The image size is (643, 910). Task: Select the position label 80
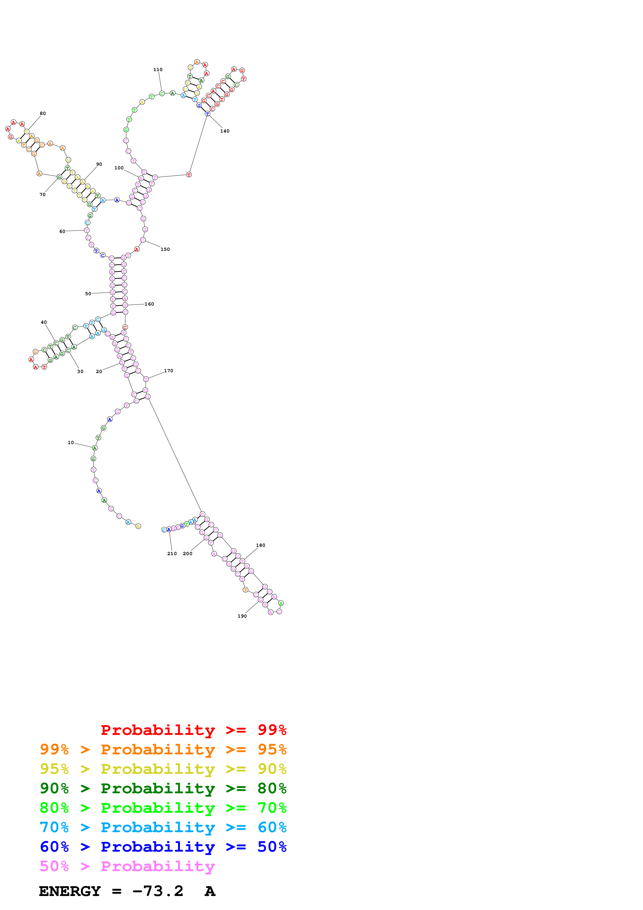pyautogui.click(x=43, y=113)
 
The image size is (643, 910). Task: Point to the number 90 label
pyautogui.click(x=99, y=164)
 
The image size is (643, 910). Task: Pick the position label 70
pyautogui.click(x=42, y=195)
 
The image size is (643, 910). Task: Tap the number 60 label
pyautogui.click(x=62, y=231)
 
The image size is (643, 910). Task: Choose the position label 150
pyautogui.click(x=165, y=249)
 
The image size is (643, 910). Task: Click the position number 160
pyautogui.click(x=149, y=304)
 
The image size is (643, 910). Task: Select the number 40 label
pyautogui.click(x=44, y=322)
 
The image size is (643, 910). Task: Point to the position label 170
pyautogui.click(x=168, y=371)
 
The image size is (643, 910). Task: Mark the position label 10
pyautogui.click(x=71, y=443)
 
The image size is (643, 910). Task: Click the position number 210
pyautogui.click(x=172, y=554)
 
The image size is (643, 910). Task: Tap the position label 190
pyautogui.click(x=242, y=616)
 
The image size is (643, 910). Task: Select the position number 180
pyautogui.click(x=260, y=545)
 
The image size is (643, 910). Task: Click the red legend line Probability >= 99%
pyautogui.click(x=193, y=730)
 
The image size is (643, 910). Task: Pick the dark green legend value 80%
pyautogui.click(x=272, y=788)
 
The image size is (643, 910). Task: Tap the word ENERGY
pyautogui.click(x=70, y=891)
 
